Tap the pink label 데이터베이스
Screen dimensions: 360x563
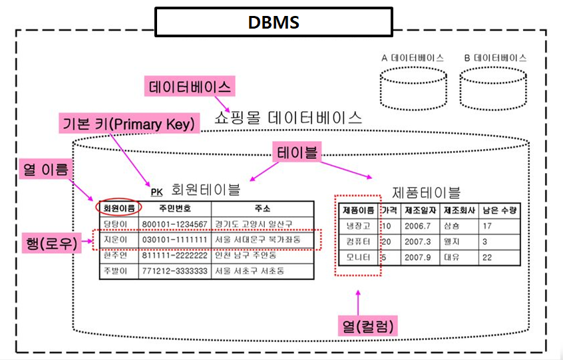(190, 87)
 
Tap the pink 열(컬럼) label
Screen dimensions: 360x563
(367, 325)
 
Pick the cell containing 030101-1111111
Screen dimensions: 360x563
(175, 239)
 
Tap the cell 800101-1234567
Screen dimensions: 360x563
(175, 224)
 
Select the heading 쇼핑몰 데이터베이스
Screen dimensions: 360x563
(289, 118)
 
